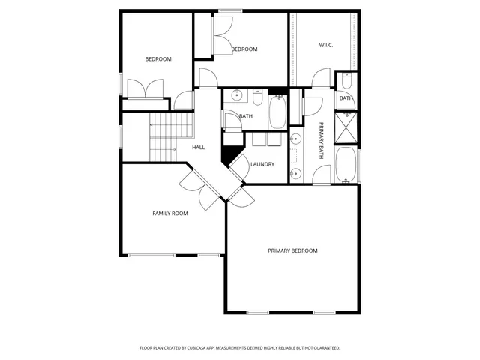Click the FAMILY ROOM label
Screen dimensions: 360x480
[170, 214]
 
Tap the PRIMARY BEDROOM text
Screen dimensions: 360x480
[292, 250]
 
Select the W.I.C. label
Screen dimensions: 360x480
[325, 46]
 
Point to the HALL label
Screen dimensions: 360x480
[198, 147]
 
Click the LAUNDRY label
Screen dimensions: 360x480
[262, 164]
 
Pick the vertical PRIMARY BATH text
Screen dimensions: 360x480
[320, 141]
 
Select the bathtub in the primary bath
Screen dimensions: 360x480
[346, 164]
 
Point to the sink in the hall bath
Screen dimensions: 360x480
[237, 95]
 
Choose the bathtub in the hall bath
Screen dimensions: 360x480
[277, 112]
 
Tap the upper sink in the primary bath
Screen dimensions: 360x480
[295, 139]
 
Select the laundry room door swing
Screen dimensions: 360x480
[238, 166]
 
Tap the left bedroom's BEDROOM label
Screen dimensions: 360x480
[158, 59]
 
